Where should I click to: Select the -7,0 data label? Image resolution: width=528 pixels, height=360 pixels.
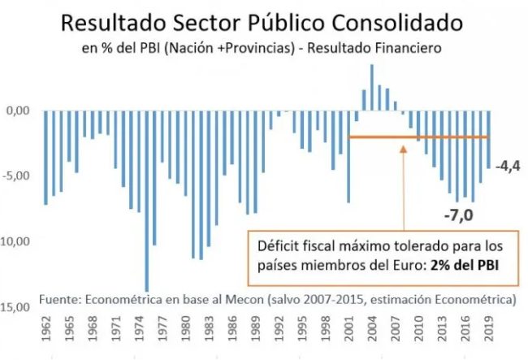(459, 216)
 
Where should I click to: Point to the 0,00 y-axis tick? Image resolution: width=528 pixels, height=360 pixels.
(17, 111)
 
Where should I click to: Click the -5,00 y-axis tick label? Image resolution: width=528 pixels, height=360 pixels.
(17, 176)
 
